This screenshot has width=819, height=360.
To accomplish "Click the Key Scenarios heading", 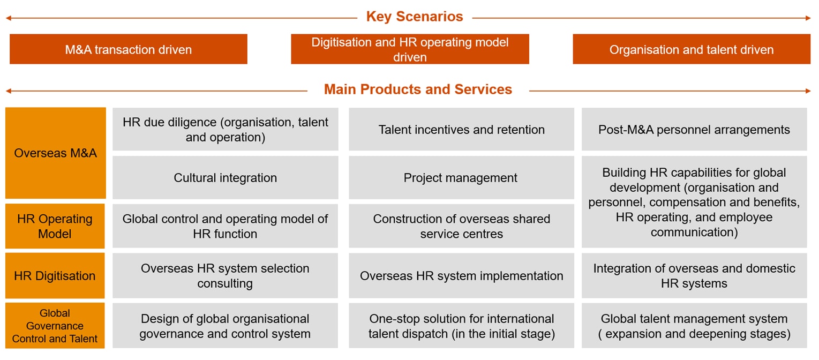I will (x=414, y=17).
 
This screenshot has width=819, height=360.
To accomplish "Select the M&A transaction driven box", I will (x=128, y=49).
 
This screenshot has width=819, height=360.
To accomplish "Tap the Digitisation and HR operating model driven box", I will (x=410, y=49).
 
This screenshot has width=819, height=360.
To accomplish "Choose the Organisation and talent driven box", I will (x=691, y=49).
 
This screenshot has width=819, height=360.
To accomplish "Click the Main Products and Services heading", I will (x=418, y=89).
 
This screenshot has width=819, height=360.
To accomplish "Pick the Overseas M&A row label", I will (x=55, y=153).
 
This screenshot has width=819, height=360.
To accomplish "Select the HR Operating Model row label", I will (x=55, y=226).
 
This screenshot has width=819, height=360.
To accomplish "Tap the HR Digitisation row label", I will (x=55, y=276).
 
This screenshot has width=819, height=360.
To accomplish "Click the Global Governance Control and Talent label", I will (x=55, y=326).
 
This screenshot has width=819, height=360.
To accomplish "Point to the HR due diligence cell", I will (x=225, y=129).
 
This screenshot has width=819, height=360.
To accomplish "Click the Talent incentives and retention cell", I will (x=461, y=129).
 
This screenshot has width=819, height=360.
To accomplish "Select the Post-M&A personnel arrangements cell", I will (x=694, y=129).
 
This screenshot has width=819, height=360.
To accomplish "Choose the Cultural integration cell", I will (x=225, y=177).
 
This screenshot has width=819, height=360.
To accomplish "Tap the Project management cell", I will (x=461, y=177).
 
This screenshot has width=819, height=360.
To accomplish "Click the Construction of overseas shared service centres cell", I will (x=461, y=226).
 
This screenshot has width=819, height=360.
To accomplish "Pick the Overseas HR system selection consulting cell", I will (x=225, y=276).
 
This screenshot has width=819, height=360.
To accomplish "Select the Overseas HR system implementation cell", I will (x=461, y=276).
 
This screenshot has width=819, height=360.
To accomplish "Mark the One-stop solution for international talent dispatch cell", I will (x=461, y=326).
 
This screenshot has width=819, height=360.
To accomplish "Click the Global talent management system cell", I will (x=694, y=326).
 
